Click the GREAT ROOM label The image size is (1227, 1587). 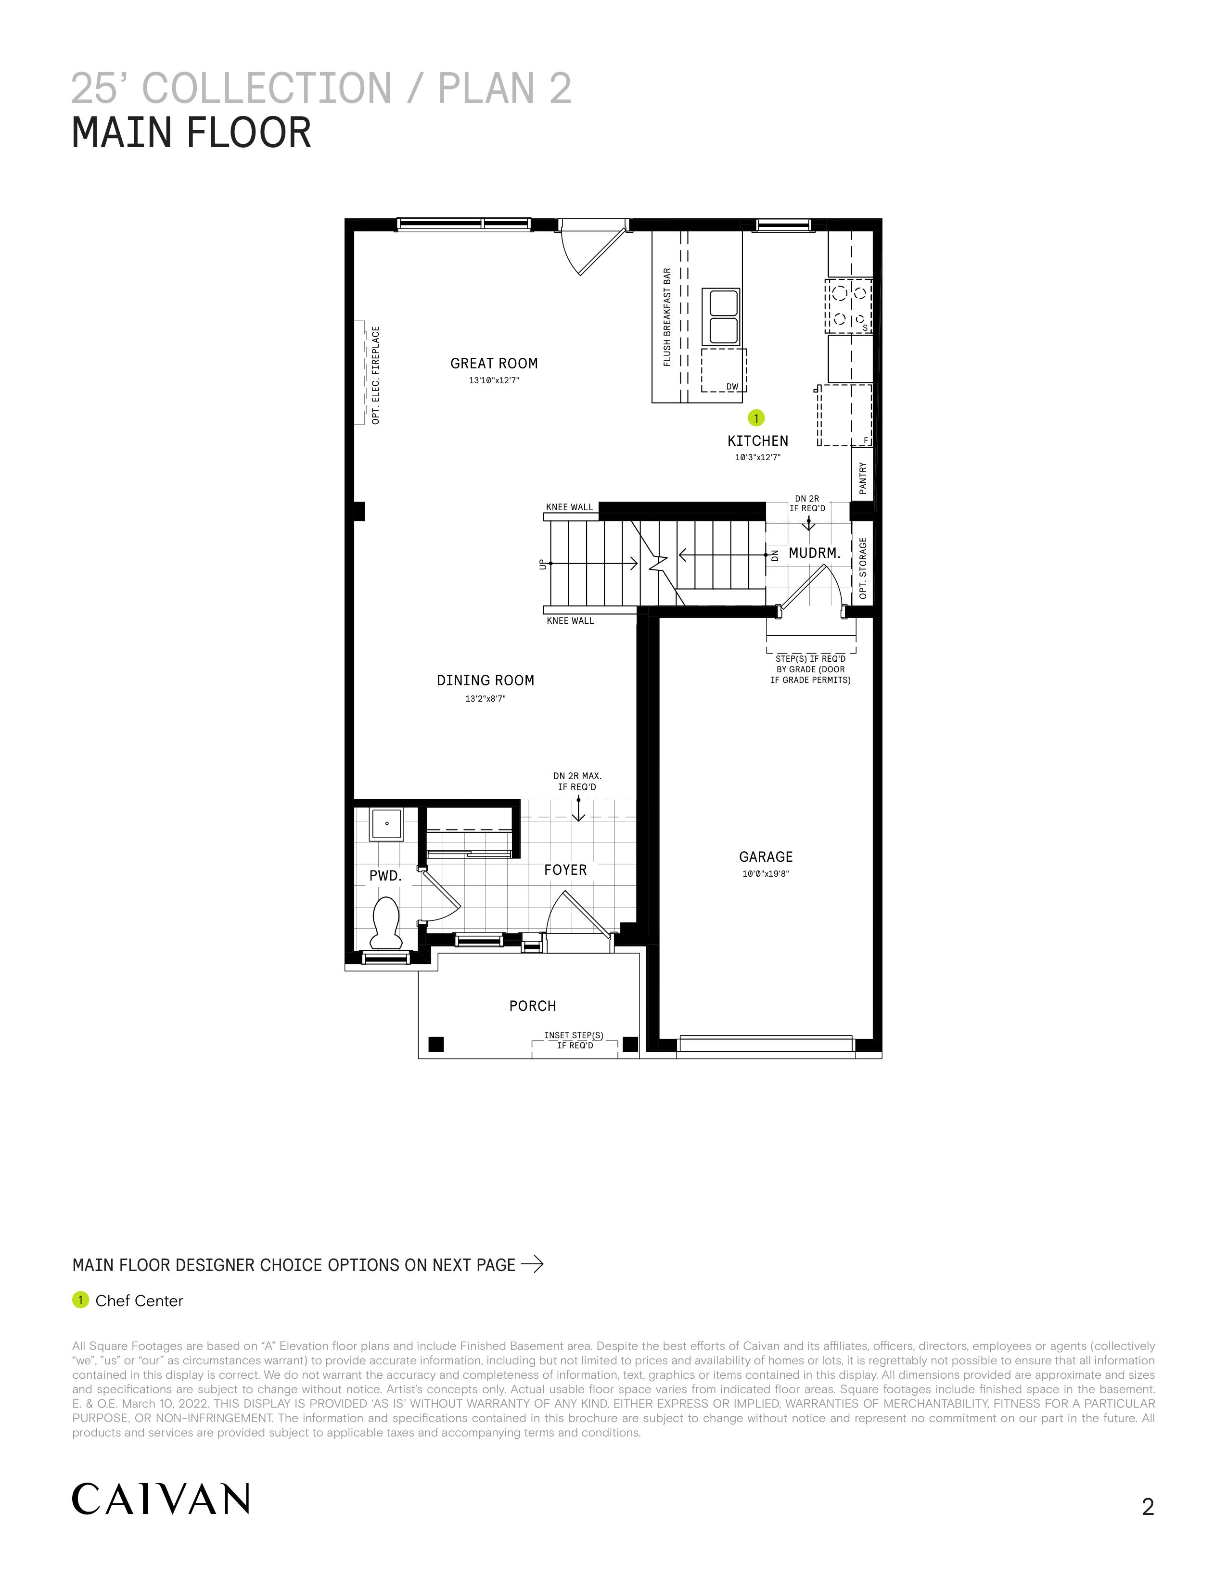(x=494, y=363)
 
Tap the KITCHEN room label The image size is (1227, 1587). (x=757, y=441)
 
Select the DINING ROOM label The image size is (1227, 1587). (x=486, y=681)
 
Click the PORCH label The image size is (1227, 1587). (x=533, y=1007)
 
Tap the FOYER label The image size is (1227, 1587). (x=565, y=870)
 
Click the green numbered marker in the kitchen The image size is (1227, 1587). (x=757, y=418)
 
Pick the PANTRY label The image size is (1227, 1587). (x=863, y=478)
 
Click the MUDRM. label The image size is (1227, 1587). (x=815, y=553)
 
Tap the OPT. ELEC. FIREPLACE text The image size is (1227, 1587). (x=376, y=375)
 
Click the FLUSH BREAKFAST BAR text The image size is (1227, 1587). (x=667, y=317)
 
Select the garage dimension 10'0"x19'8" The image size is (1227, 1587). (x=766, y=874)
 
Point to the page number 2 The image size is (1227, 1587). (x=1148, y=1507)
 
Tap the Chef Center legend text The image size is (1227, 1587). (x=139, y=1301)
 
